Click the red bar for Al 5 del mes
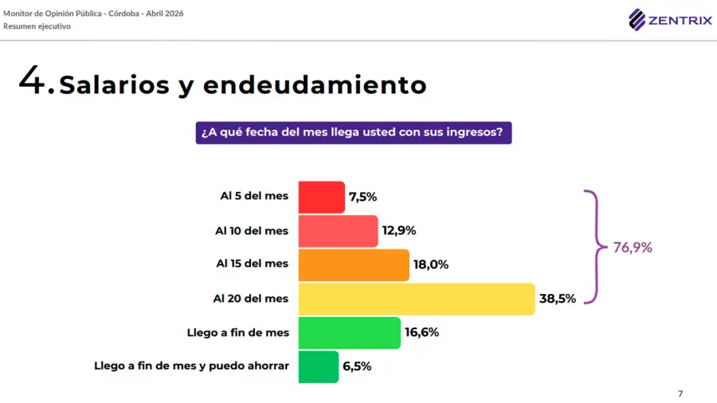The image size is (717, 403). tap(322, 197)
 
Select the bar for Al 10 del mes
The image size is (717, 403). tap(338, 231)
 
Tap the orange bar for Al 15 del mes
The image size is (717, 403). tap(354, 265)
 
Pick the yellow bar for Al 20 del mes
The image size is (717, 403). tap(416, 299)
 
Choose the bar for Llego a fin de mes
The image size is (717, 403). tap(349, 333)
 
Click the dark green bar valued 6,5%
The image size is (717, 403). tap(319, 366)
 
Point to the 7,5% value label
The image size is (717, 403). tap(362, 197)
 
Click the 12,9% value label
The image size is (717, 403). tap(398, 231)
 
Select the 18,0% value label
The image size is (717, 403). tap(431, 265)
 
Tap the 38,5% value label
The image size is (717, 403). tap(557, 299)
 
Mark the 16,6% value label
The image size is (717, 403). tap(421, 333)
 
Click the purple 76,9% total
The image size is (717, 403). tap(633, 248)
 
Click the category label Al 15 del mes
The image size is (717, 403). tap(252, 263)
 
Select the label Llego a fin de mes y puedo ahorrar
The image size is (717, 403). tap(191, 366)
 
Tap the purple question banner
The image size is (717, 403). tap(353, 132)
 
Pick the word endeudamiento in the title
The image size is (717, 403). tap(315, 84)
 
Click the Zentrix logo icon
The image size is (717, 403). tap(637, 19)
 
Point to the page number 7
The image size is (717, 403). tap(680, 393)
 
